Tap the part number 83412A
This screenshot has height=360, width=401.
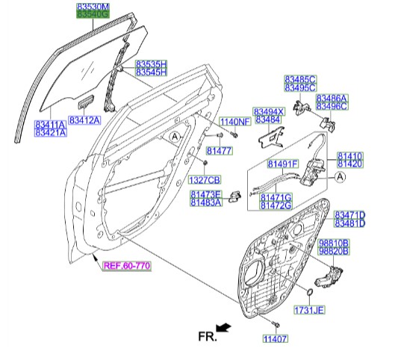point(84,120)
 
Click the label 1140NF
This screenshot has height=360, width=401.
point(234,122)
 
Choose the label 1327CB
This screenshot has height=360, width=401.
point(205,180)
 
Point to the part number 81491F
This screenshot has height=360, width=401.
point(283,163)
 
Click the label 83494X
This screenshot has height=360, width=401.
point(269,111)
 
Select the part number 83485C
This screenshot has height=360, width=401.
point(300,78)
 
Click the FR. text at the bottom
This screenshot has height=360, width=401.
point(207,338)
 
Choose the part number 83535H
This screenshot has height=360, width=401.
point(151,64)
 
